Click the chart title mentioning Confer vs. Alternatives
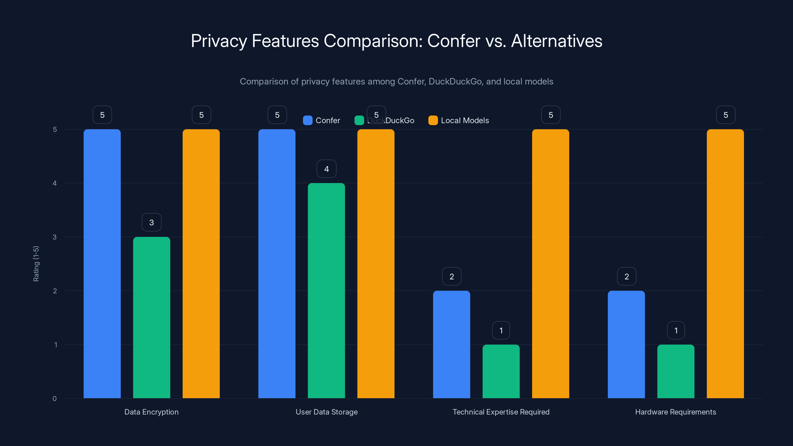point(396,41)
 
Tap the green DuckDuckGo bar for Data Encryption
point(151,317)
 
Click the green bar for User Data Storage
point(326,291)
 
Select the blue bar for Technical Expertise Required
point(451,344)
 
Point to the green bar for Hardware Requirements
point(676,371)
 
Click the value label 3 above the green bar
point(151,222)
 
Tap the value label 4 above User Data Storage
point(326,169)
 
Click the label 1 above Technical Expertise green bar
point(501,330)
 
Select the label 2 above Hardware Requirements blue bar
point(626,277)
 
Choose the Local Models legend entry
point(459,120)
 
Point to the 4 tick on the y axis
point(55,183)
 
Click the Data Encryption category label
point(151,412)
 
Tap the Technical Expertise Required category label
point(501,412)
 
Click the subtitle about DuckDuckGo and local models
point(396,81)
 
